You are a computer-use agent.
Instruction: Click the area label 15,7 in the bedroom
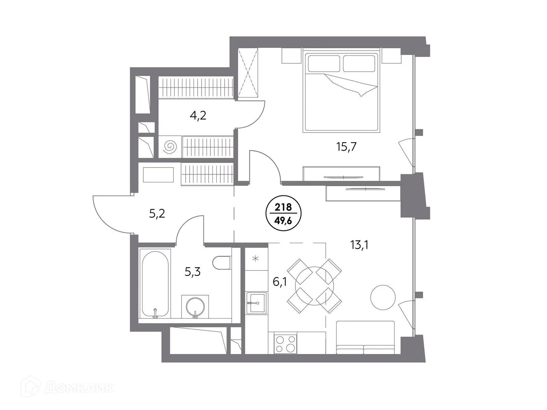[346, 147]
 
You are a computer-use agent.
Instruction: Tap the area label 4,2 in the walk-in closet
[198, 115]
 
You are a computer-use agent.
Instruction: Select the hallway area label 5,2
[157, 214]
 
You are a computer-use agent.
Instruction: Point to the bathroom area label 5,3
[192, 272]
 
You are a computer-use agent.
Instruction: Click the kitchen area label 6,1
[279, 282]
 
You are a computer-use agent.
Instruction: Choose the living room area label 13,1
[359, 245]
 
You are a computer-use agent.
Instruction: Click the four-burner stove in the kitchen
[285, 344]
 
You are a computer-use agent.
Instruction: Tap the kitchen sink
[256, 303]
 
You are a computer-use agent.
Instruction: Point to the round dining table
[314, 285]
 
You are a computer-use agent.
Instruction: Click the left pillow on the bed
[324, 64]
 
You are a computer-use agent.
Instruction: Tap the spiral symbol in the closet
[170, 147]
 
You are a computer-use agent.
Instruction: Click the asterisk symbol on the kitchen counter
[255, 258]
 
